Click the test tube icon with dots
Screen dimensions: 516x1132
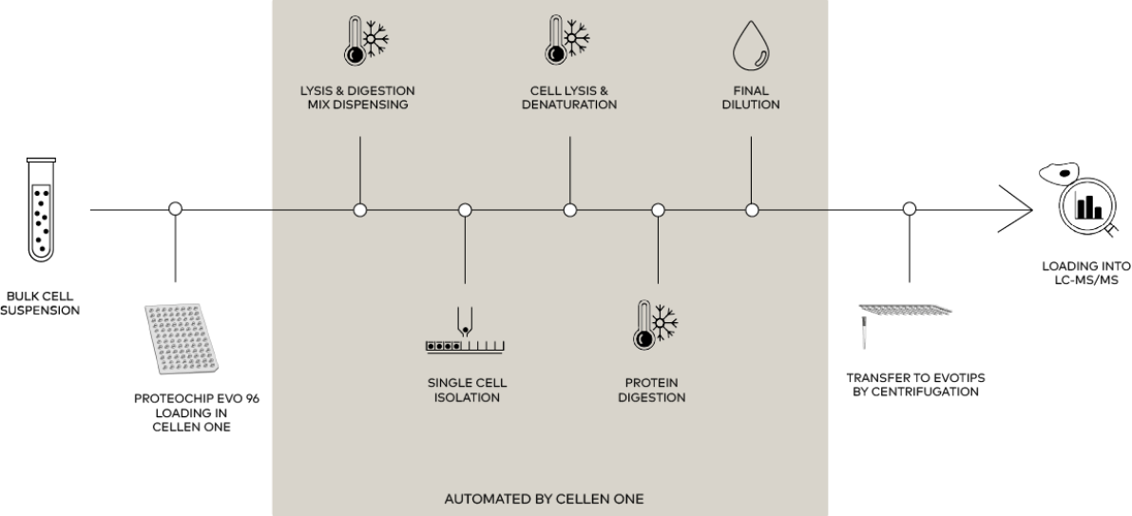tap(41, 209)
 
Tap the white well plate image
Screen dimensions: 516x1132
tap(184, 339)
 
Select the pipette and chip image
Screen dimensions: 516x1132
tap(902, 320)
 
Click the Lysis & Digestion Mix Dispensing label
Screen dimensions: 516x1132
tap(357, 98)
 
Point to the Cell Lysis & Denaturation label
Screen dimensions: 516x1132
tap(569, 98)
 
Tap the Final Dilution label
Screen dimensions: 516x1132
tap(751, 98)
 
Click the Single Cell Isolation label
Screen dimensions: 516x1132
tap(467, 391)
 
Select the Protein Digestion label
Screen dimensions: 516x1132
tap(651, 391)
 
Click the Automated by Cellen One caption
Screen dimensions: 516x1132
tap(544, 499)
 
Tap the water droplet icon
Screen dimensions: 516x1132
tap(750, 45)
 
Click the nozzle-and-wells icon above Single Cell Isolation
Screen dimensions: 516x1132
tap(465, 332)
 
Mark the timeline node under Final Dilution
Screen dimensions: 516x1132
tap(752, 210)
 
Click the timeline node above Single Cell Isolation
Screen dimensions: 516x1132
tap(465, 210)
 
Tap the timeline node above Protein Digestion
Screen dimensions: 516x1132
tap(658, 210)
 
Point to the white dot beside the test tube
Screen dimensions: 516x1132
tap(175, 208)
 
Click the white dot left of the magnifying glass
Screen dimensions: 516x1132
tap(909, 208)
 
